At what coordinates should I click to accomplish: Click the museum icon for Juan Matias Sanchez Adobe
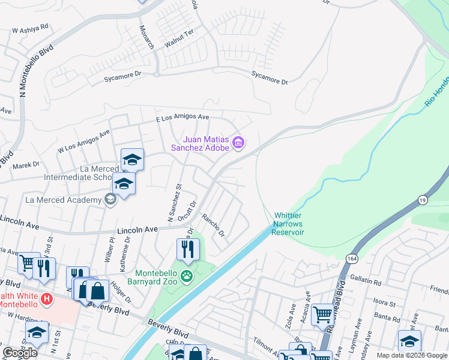[238, 142]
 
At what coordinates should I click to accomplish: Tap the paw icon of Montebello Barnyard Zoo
[187, 277]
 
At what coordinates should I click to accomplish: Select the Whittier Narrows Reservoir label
[289, 224]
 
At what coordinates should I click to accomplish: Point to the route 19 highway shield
[423, 197]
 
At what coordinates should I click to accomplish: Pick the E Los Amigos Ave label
[182, 118]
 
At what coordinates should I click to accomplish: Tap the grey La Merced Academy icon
[110, 199]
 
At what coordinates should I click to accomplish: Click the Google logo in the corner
[20, 353]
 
